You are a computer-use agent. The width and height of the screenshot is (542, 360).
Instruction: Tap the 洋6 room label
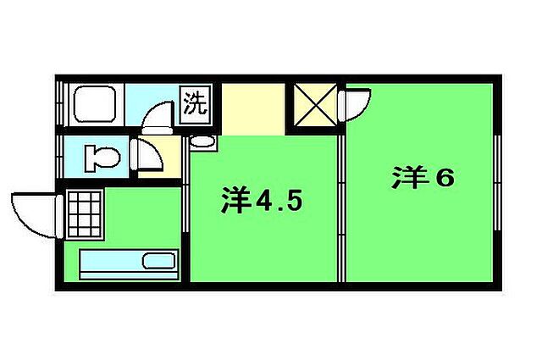(423, 180)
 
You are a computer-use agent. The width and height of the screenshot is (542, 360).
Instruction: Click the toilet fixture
(102, 158)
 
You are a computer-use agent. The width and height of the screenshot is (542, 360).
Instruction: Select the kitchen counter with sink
(128, 263)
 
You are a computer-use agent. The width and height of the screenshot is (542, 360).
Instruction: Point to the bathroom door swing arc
(157, 116)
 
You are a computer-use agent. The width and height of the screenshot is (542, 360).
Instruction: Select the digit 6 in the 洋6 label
(446, 180)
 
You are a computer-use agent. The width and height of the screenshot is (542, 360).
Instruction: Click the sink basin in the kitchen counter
(158, 262)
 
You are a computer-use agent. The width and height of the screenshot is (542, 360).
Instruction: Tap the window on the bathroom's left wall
(60, 104)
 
